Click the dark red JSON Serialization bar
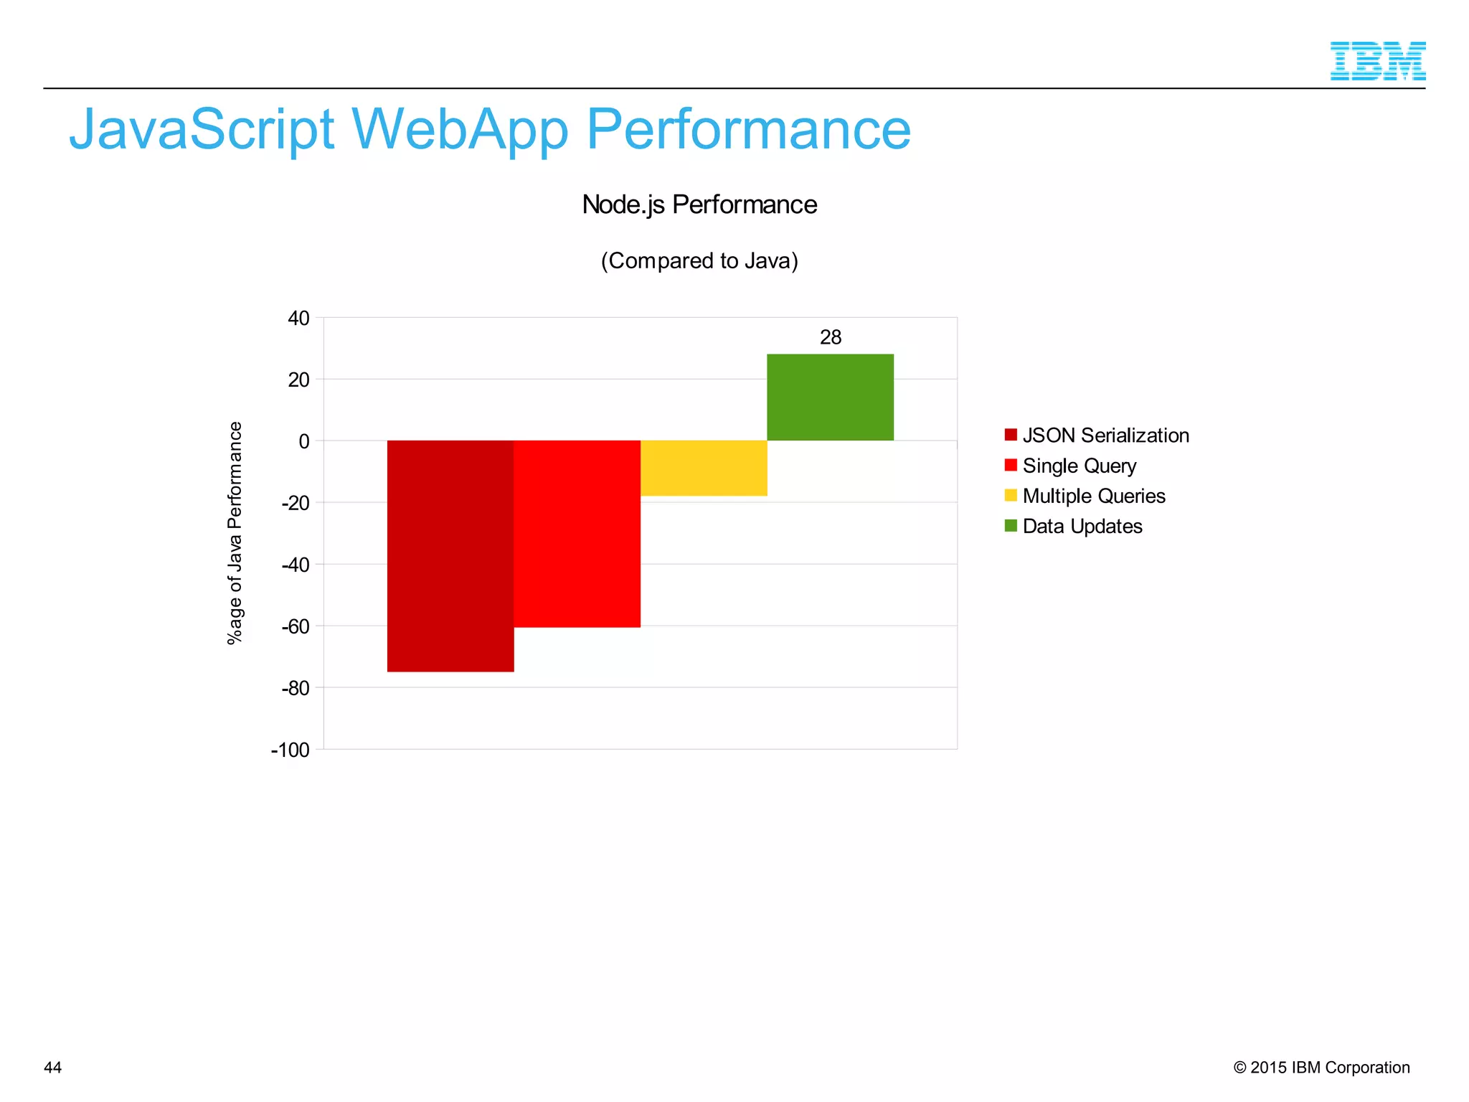pos(450,556)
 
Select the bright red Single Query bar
pos(577,534)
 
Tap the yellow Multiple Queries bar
pos(704,468)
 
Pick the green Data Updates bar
pos(830,397)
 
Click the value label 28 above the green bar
pos(831,337)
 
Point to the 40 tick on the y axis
pos(298,318)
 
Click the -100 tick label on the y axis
pos(291,750)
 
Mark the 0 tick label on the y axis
pos(304,441)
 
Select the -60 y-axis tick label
pos(296,626)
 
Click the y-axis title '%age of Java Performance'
pos(235,533)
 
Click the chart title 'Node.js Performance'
pos(699,205)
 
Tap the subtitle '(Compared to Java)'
pos(699,260)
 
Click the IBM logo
pos(1377,61)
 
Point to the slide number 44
pos(53,1068)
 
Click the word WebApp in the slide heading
pos(460,129)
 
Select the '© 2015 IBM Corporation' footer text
pos(1321,1068)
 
